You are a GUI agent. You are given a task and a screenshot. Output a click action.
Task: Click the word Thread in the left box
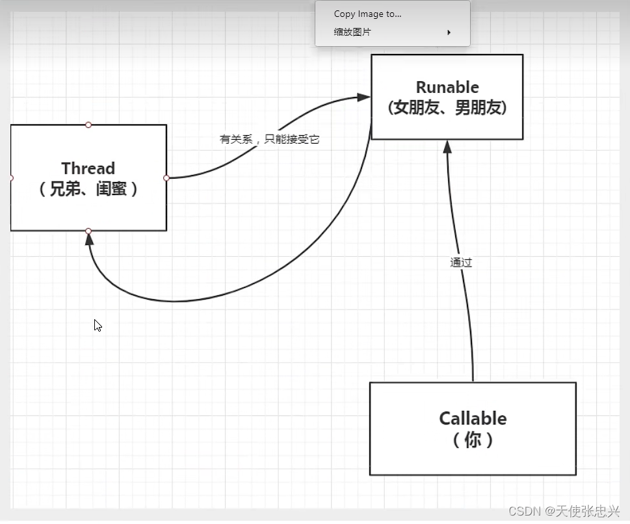click(88, 168)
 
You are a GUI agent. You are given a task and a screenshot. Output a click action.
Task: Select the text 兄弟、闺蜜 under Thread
click(88, 189)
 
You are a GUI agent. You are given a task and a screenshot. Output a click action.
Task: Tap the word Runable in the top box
click(447, 87)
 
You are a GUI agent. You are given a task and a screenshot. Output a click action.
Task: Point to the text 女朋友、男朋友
click(447, 107)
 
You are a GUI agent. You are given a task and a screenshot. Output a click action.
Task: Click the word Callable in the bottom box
click(473, 418)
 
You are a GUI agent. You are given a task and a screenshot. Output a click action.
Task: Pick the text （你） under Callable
click(473, 439)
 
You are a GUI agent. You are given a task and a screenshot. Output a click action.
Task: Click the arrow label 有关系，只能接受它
click(269, 139)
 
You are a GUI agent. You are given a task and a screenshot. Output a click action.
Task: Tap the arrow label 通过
click(461, 263)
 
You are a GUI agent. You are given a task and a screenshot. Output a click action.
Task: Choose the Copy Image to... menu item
click(367, 14)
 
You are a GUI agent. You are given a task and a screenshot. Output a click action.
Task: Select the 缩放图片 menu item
click(352, 32)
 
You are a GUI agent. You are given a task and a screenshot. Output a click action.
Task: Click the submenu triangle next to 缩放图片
click(449, 33)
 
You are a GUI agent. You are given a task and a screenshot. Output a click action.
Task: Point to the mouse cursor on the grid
click(98, 325)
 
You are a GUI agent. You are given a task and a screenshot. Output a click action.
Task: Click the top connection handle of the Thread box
click(88, 125)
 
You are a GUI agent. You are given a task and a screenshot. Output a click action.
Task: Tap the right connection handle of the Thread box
click(166, 177)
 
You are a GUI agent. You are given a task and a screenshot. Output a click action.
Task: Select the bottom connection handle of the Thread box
click(88, 231)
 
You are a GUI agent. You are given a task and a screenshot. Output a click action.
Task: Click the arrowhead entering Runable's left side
click(365, 98)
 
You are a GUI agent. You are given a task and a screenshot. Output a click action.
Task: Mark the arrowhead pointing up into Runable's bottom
click(447, 146)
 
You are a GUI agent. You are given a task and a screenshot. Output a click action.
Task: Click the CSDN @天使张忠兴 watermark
click(564, 511)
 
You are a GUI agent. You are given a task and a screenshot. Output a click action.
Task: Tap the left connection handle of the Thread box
click(11, 177)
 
